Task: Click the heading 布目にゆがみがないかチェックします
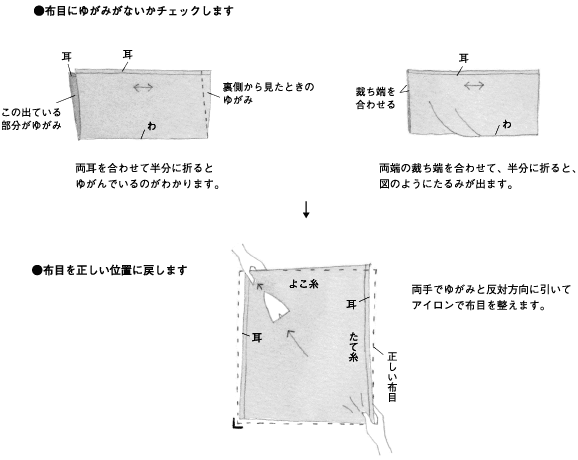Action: pos(133,11)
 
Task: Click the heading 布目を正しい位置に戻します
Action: pos(110,270)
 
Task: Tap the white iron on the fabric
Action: pos(276,307)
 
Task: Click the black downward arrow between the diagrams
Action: pos(306,209)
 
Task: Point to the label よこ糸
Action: pos(303,284)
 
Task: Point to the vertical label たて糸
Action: pos(353,346)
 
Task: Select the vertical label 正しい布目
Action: pos(392,377)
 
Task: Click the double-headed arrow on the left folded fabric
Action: pos(143,87)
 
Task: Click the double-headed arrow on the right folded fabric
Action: pos(474,86)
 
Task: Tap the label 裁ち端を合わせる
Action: pos(375,98)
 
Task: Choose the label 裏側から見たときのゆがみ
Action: pos(268,93)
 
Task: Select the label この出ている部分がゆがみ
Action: pos(31,119)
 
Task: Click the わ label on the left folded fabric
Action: pos(152,126)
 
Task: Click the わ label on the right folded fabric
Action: pos(507,124)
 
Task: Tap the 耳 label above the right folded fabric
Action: pos(464,58)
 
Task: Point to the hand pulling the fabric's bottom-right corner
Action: pos(374,429)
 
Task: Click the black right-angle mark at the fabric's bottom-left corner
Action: pos(237,424)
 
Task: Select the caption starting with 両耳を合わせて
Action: pos(147,176)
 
